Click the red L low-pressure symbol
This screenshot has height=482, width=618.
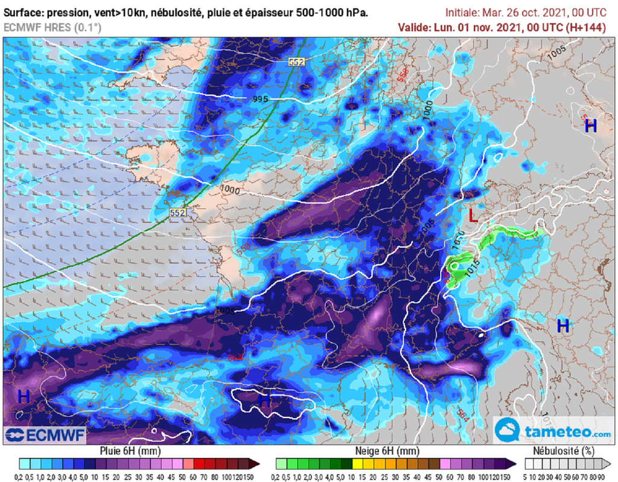tap(473, 216)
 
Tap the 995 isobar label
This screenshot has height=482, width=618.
tap(260, 99)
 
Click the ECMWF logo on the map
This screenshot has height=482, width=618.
tap(45, 434)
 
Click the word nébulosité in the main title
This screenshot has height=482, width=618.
tap(182, 13)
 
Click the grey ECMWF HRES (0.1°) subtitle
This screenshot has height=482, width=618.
tap(53, 27)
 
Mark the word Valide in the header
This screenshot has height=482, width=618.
tap(414, 27)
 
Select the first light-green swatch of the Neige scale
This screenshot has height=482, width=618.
tap(281, 464)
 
